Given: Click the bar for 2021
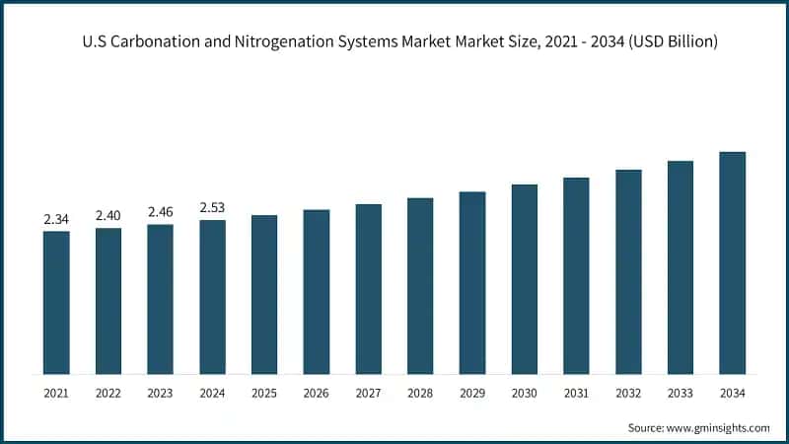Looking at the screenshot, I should coord(56,303).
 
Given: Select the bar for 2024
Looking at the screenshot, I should coord(212,297).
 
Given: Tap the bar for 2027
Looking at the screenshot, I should coord(368,289).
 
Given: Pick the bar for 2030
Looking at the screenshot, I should coord(524,279).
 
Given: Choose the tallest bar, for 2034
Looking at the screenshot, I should coord(732,263).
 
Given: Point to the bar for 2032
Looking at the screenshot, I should coord(628,272).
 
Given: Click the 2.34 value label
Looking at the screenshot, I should coord(56,219).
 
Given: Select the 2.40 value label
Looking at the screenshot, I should coord(108,215).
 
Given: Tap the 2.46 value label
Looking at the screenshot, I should coord(160,211).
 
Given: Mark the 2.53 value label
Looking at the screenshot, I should coord(212,207).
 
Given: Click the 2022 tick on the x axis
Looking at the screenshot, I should coord(108,394).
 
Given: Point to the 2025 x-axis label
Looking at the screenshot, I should coord(264,394).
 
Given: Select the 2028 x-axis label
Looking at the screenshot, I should coord(420,394).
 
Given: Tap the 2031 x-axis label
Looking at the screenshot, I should coord(576,394).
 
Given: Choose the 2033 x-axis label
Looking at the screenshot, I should coord(680,394).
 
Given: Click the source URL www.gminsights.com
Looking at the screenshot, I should coord(719,427).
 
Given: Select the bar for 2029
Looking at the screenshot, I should coord(472,283).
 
